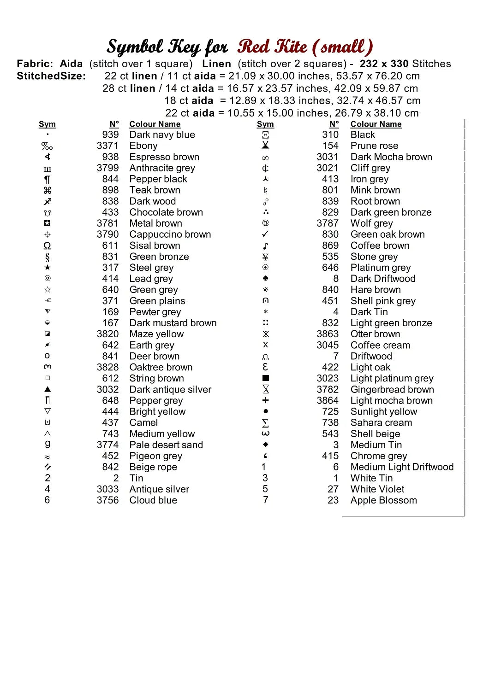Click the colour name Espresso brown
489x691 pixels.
(x=164, y=157)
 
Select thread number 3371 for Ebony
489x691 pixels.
(x=107, y=146)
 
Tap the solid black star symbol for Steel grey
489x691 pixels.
(x=48, y=268)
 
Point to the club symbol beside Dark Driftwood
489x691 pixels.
(x=265, y=278)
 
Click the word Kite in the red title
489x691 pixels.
(x=292, y=47)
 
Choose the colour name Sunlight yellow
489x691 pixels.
(x=384, y=412)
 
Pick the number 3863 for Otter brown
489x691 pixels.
(x=328, y=334)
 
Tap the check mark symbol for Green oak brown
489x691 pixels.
(x=265, y=234)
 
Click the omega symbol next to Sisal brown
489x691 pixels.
(x=47, y=246)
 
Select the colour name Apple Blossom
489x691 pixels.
(x=384, y=500)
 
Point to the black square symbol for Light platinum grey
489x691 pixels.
(x=265, y=378)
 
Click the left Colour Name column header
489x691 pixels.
(x=155, y=124)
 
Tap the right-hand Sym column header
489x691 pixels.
(x=265, y=124)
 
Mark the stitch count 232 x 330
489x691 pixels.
(x=384, y=64)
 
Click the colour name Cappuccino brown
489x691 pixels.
(x=170, y=234)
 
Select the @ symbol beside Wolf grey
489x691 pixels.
(x=265, y=223)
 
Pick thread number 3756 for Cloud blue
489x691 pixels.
(x=107, y=500)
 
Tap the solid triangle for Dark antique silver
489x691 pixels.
(x=48, y=389)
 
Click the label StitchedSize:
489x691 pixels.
(x=51, y=76)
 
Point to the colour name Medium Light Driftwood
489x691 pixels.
(x=402, y=467)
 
